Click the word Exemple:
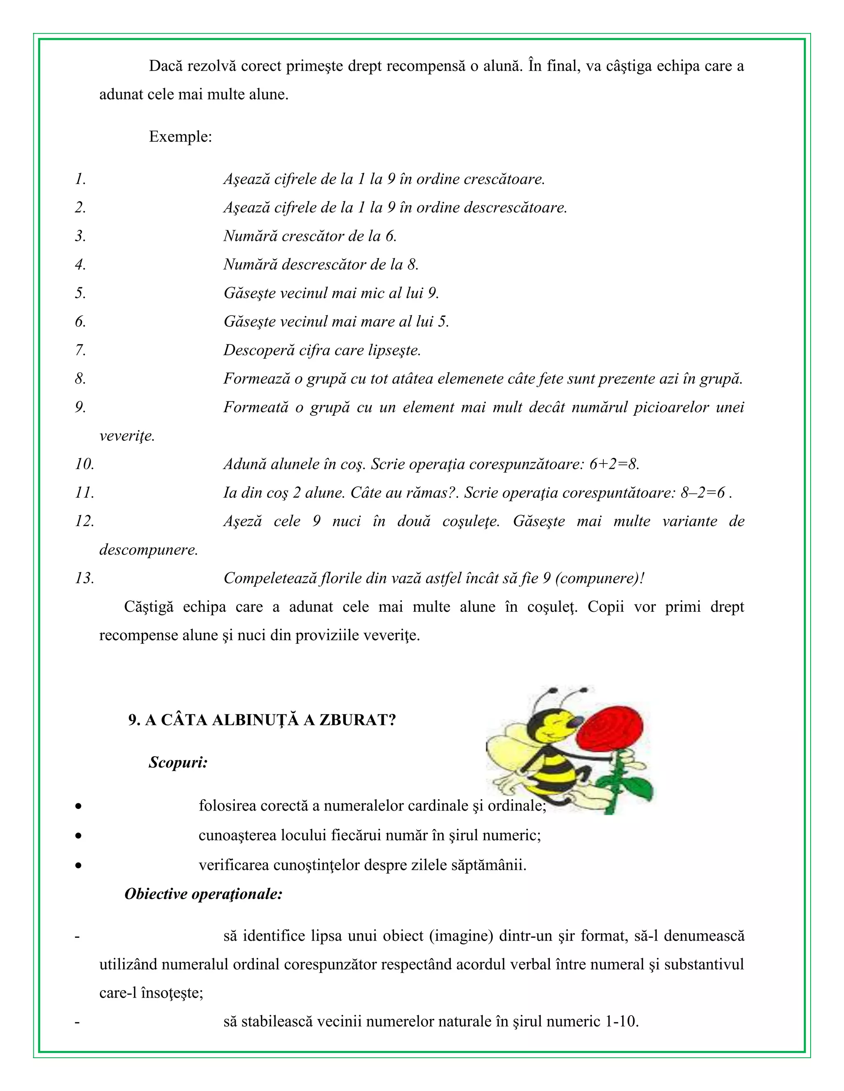tap(180, 137)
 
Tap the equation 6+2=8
tap(614, 464)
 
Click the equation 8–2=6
tap(703, 492)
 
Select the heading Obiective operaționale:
tap(204, 894)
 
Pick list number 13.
tap(84, 578)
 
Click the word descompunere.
tap(148, 550)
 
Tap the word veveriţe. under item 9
tap(127, 436)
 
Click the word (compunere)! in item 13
tap(600, 578)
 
